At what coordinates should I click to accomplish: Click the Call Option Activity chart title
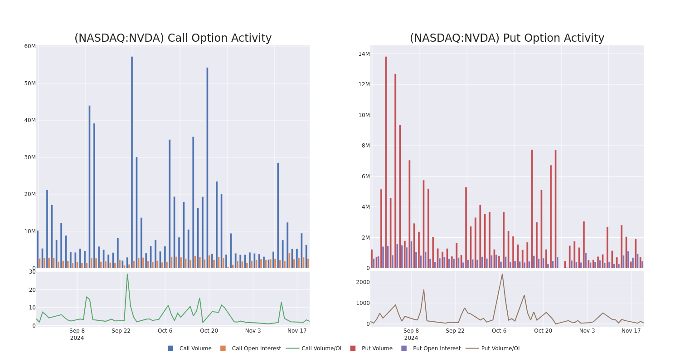click(173, 39)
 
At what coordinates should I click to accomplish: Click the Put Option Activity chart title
click(507, 39)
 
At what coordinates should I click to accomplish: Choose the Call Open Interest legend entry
click(256, 348)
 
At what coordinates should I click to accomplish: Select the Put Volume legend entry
click(377, 348)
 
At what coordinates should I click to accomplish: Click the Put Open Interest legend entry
click(437, 348)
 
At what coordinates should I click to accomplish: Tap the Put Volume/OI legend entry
click(500, 348)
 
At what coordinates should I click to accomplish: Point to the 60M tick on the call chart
click(30, 46)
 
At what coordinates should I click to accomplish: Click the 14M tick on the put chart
click(364, 54)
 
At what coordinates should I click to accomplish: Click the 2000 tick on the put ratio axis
click(363, 282)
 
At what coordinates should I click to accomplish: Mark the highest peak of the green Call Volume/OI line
click(127, 274)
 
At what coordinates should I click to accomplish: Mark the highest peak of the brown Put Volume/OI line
click(502, 274)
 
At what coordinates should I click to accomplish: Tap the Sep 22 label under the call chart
click(121, 331)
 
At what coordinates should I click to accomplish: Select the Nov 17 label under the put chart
click(631, 331)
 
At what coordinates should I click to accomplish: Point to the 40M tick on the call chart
click(30, 120)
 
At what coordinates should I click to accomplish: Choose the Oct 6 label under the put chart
click(499, 331)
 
